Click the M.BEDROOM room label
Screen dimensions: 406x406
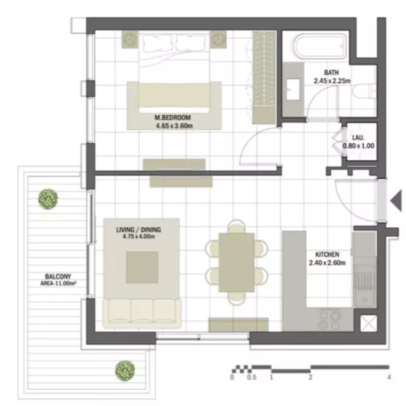pos(173,117)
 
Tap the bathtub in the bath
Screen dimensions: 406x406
pos(320,46)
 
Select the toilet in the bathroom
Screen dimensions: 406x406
pos(364,91)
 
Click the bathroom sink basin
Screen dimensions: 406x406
pos(293,89)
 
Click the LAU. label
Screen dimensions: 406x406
pos(359,138)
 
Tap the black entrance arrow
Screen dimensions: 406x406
pos(396,200)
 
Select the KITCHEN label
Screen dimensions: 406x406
pos(327,255)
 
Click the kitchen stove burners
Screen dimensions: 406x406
pos(330,320)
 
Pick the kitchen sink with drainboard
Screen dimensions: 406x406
pos(365,285)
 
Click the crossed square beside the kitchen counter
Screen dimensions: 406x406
pos(369,323)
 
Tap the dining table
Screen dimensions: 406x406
pos(236,262)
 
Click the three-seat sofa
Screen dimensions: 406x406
pos(142,313)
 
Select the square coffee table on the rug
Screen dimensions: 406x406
pos(142,267)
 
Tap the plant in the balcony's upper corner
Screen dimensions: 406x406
pos(48,199)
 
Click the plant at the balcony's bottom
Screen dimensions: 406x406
pos(125,371)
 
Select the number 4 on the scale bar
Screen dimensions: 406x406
pos(389,377)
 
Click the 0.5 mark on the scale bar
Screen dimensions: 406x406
pos(251,377)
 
